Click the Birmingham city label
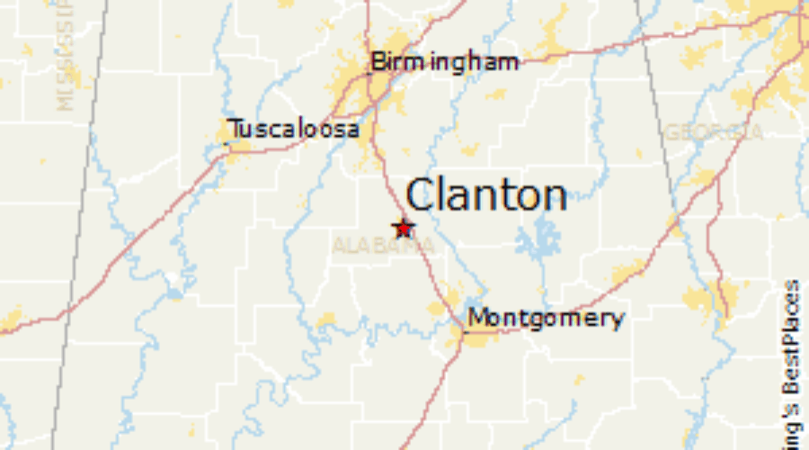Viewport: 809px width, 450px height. [x=445, y=62]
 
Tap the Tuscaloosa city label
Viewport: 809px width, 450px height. [x=294, y=130]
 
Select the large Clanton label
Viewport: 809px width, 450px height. [x=486, y=194]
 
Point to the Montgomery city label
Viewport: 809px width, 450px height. [x=546, y=318]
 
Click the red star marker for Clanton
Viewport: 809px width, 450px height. [x=403, y=227]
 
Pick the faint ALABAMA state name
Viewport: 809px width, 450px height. [x=376, y=245]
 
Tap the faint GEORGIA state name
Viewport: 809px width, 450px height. [x=714, y=132]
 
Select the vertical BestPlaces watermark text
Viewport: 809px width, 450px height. [x=790, y=360]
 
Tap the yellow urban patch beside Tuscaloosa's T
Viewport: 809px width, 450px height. [x=227, y=138]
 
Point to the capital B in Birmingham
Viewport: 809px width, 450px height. [x=378, y=62]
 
